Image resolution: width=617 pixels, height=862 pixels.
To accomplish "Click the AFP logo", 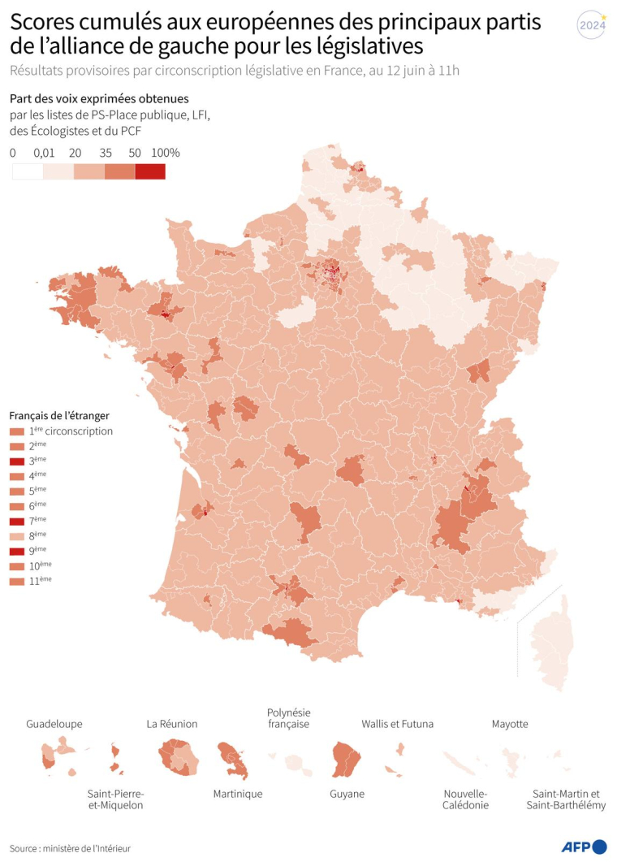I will coord(584,847).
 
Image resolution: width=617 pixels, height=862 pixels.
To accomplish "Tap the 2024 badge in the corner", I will coord(592,24).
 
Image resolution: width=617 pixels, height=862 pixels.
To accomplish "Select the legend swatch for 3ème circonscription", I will coord(16,461).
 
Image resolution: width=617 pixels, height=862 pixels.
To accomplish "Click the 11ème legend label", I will coord(41,580).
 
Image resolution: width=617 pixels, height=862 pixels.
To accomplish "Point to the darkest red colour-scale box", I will coord(150,171).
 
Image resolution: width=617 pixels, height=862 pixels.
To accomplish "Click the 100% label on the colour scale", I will coord(165,153).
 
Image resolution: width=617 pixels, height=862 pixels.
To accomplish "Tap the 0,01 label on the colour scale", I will coord(45,153).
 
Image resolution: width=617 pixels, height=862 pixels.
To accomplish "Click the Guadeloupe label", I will coord(54,724).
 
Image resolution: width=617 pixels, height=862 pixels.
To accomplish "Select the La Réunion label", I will coord(172,724).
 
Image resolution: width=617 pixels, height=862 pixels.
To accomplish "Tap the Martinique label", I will coord(237,794).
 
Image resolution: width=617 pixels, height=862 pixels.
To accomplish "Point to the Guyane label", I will coord(347,794).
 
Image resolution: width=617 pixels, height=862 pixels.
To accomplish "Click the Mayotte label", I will coord(510,724).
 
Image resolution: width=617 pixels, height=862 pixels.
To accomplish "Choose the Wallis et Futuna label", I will coord(397,724).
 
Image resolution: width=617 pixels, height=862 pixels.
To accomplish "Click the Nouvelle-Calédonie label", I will coord(466,799).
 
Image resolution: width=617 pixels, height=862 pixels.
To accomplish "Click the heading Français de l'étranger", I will coord(59,415).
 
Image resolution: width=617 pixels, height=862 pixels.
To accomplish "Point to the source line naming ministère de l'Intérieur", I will coord(71,848).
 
